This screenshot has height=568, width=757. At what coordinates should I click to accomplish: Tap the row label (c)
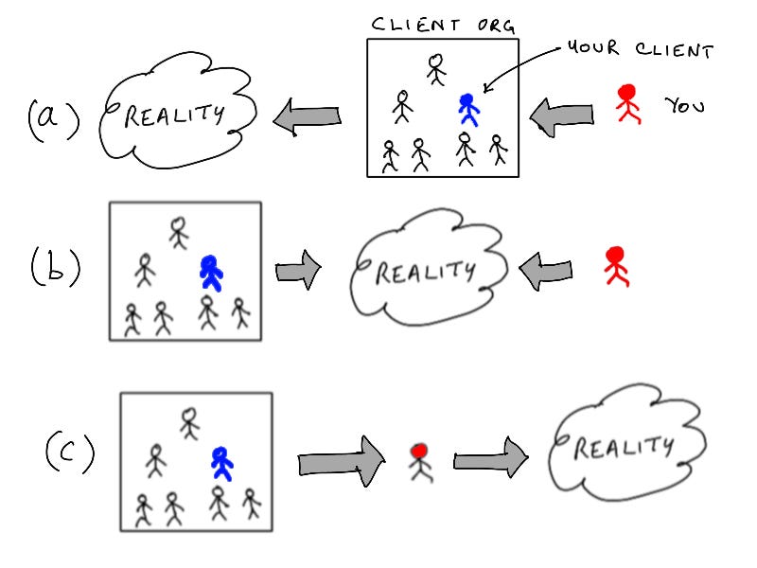69,453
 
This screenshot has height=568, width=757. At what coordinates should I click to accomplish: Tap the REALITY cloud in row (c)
625,445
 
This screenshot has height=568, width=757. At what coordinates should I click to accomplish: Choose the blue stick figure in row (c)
221,463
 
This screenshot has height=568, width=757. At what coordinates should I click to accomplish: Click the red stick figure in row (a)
626,105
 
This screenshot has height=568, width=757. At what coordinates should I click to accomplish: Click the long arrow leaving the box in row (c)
341,461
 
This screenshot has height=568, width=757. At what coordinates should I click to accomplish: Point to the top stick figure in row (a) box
435,68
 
